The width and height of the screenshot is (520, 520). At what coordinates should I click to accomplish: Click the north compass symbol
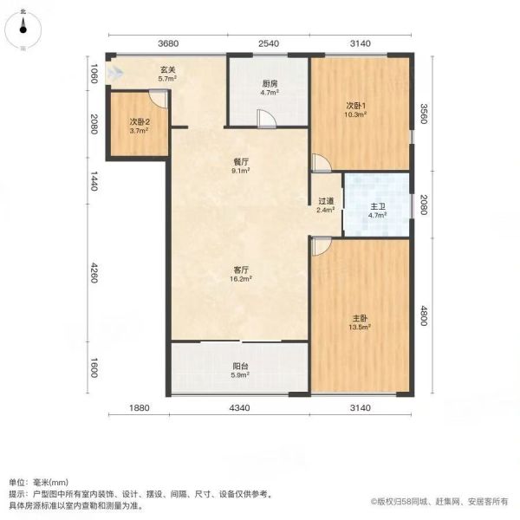point(23,29)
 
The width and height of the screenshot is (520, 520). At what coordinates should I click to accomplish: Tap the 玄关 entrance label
point(167,70)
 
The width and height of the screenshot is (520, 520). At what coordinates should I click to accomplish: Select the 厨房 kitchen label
point(269,84)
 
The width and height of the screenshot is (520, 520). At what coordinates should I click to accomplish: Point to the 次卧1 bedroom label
point(356,106)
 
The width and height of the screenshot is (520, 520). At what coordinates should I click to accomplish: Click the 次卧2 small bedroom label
point(140,122)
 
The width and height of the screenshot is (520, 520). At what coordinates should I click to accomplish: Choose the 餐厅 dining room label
point(241,162)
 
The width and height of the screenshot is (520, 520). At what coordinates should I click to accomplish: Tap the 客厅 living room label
point(241,270)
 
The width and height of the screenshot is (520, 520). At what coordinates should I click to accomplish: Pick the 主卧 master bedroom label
point(360,318)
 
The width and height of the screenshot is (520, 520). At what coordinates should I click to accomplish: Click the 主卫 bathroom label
point(378,206)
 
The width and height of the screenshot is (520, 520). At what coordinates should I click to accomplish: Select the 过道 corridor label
point(326,201)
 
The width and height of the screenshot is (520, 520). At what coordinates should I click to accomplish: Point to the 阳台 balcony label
point(240,367)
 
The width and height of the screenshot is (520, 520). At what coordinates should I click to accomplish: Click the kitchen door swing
point(267,119)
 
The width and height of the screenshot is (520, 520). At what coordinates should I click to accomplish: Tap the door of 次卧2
point(158,99)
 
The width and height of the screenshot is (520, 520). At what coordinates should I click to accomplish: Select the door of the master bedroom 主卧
point(321,246)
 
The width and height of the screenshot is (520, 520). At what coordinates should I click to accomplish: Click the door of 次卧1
point(321,163)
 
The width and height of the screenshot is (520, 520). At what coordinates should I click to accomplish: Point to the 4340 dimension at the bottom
point(240,407)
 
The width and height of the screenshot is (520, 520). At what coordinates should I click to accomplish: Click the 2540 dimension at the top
point(269,43)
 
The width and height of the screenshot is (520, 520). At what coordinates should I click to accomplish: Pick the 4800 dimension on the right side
point(424,316)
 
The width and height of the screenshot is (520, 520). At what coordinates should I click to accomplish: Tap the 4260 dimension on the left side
point(94,273)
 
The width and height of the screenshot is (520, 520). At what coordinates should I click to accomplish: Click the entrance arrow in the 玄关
point(114,73)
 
